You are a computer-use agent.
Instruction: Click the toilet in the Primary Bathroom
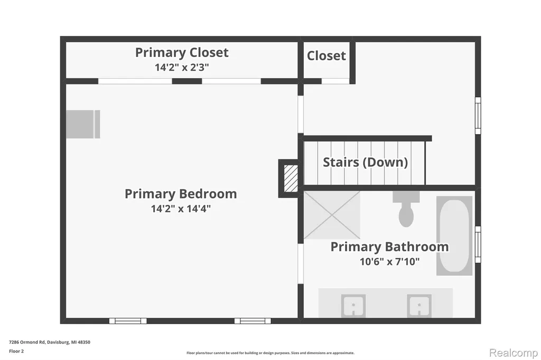[x=406, y=209]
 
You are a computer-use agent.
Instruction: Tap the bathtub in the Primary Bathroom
[x=454, y=236]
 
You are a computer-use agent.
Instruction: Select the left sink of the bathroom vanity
[x=353, y=306]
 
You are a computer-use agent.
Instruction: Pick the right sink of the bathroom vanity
[x=419, y=306]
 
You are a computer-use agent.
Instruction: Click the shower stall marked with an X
[x=332, y=215]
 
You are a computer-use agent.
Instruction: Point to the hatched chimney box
[x=291, y=178]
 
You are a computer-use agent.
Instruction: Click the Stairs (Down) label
[x=366, y=162]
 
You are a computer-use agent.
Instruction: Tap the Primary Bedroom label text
[x=181, y=194]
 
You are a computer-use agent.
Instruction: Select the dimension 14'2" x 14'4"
[x=181, y=209]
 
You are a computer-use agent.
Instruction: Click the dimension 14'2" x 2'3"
[x=182, y=67]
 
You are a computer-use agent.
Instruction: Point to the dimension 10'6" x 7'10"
[x=389, y=261]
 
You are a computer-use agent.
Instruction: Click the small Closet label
[x=327, y=55]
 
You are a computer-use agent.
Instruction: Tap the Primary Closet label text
[x=182, y=52]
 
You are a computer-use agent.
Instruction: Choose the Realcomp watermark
[x=514, y=353]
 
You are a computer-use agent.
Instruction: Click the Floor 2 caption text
[x=16, y=352]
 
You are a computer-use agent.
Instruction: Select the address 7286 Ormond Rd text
[x=27, y=342]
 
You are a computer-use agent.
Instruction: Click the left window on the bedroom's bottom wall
[x=128, y=321]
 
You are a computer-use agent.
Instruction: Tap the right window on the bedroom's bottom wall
[x=253, y=321]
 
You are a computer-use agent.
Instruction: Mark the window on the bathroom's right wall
[x=478, y=244]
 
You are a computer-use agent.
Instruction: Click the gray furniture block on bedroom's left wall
[x=83, y=124]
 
